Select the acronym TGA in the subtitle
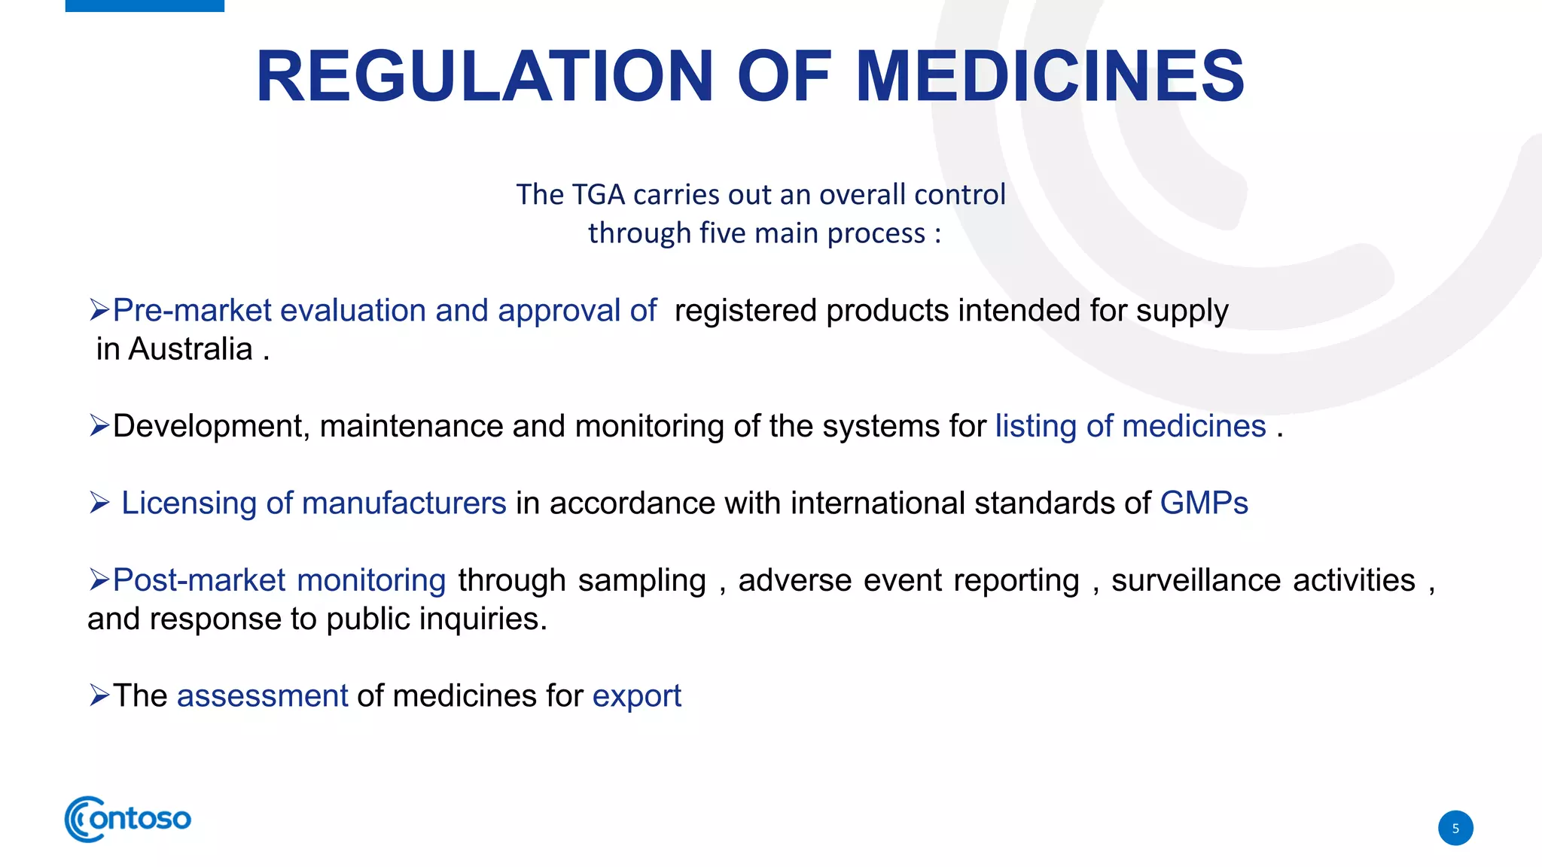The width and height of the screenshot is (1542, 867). click(598, 194)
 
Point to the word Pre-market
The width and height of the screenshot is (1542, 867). click(191, 310)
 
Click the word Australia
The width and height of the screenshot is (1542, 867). click(190, 349)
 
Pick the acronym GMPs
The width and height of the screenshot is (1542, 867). click(1203, 503)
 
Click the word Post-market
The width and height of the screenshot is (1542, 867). click(199, 580)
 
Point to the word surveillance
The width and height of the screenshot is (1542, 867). click(1196, 580)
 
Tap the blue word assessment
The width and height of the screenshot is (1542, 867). click(262, 696)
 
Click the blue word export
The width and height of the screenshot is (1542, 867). click(636, 696)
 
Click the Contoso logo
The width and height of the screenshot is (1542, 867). click(128, 819)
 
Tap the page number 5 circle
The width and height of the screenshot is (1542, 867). click(1455, 828)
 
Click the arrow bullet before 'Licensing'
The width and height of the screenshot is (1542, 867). click(99, 503)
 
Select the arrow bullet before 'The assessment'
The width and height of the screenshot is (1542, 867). click(99, 695)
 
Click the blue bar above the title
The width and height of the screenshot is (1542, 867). click(145, 5)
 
